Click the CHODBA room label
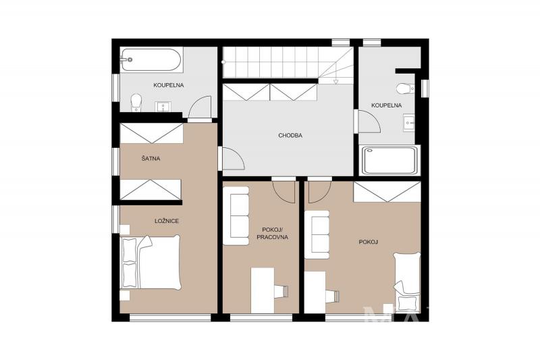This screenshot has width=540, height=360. [x=290, y=135]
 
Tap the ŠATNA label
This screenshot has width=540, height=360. [x=151, y=159]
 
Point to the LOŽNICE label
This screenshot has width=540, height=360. [x=167, y=221]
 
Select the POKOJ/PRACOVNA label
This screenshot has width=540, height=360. [x=273, y=233]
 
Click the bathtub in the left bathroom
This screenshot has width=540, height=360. [x=151, y=60]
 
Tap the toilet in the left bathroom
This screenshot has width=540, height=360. [x=136, y=103]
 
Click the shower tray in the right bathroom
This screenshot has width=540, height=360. [x=389, y=160]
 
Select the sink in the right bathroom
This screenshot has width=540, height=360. [x=409, y=123]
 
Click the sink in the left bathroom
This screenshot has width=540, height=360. [x=162, y=107]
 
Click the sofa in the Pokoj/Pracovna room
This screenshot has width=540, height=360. [x=236, y=216]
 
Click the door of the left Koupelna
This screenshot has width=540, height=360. [x=200, y=107]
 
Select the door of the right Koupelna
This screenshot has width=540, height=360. [x=369, y=122]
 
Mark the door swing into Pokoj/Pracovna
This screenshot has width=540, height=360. [x=283, y=192]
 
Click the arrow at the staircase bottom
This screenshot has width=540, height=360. [x=335, y=81]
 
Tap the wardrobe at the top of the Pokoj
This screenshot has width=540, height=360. [x=387, y=192]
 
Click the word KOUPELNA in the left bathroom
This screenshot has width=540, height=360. [x=168, y=85]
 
